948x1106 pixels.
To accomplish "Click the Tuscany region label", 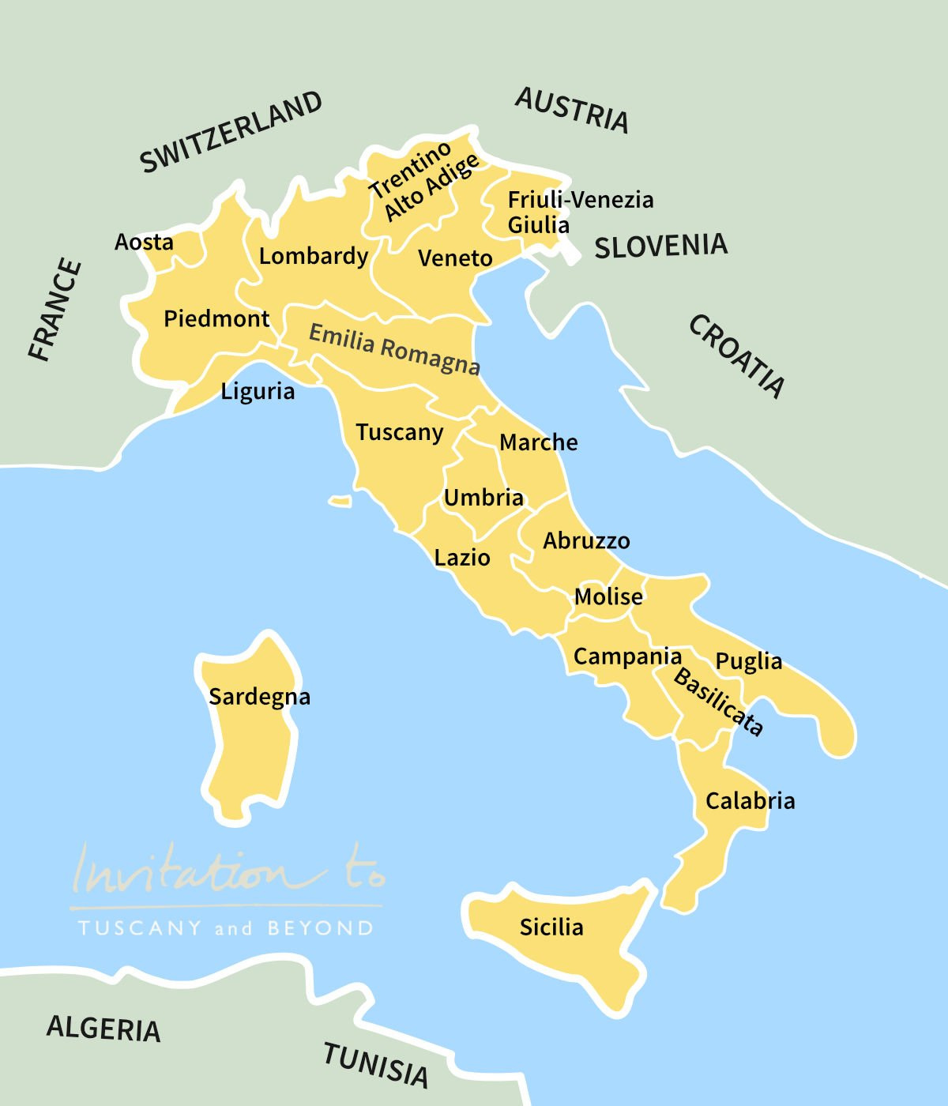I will coord(399,433).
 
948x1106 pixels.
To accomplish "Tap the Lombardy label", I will coord(314,257).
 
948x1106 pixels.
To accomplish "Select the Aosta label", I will coord(144,242).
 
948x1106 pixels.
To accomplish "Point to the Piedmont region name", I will coord(216,319).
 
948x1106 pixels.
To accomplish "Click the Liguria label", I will coord(258,391).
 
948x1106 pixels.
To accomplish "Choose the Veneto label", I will coord(455,258).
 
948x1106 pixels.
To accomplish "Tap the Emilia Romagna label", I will coord(394,348).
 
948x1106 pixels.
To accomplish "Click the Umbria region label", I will coord(483,498).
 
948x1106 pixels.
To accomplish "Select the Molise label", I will coord(608,596).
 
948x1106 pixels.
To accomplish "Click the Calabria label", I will coord(750,801).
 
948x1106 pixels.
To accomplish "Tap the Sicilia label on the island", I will coord(551,927).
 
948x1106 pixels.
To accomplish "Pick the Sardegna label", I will coord(259,697).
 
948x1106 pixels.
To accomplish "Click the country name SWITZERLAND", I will coord(231,132).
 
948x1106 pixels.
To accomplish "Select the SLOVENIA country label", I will coord(660,246).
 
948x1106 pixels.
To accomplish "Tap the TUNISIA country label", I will coord(376,1065).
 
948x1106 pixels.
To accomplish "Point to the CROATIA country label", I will coord(737,355).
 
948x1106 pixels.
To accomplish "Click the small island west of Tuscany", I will coord(340,501).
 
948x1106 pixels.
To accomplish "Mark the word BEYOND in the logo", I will coord(320,928).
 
